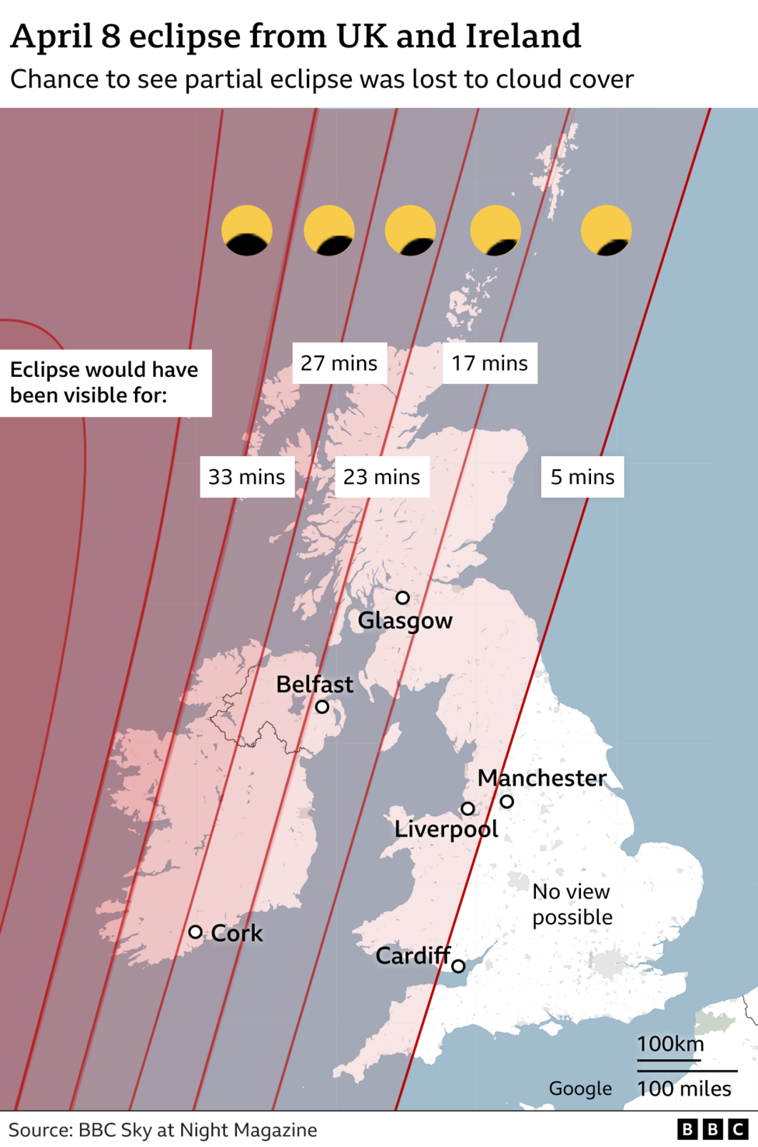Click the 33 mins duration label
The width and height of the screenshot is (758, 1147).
pyautogui.click(x=247, y=476)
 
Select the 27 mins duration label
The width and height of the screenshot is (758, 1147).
pyautogui.click(x=339, y=363)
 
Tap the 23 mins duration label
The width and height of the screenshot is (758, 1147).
pyautogui.click(x=381, y=476)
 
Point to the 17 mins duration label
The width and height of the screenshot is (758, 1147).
pyautogui.click(x=489, y=363)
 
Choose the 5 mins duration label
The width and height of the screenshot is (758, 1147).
pyautogui.click(x=582, y=476)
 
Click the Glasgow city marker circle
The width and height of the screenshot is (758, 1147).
pyautogui.click(x=402, y=598)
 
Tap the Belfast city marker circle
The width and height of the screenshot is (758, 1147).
pyautogui.click(x=322, y=706)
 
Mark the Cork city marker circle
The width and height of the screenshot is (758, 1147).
pyautogui.click(x=196, y=932)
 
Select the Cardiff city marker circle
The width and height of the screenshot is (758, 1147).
pyautogui.click(x=458, y=966)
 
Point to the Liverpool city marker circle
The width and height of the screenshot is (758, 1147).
pyautogui.click(x=468, y=808)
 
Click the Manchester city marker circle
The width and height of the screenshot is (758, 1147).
pyautogui.click(x=506, y=801)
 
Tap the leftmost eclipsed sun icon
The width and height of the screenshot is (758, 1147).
pyautogui.click(x=247, y=231)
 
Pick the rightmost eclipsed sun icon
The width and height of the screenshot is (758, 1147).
pyautogui.click(x=607, y=231)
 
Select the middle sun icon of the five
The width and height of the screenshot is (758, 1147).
pyautogui.click(x=410, y=231)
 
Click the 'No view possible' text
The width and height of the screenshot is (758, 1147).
pyautogui.click(x=572, y=905)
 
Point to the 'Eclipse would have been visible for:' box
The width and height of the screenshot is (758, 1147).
pyautogui.click(x=105, y=382)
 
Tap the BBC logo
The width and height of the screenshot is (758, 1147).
pyautogui.click(x=712, y=1129)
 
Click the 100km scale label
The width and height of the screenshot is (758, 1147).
pyautogui.click(x=670, y=1044)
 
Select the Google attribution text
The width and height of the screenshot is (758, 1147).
pyautogui.click(x=580, y=1089)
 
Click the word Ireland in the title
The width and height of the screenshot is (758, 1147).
pyautogui.click(x=523, y=36)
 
